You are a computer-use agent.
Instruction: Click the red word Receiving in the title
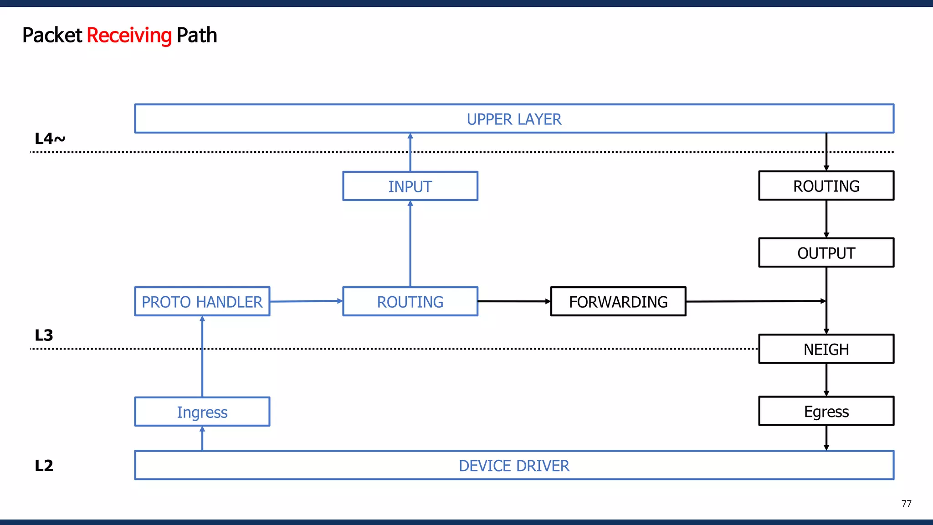129,36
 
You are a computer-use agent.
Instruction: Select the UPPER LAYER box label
514,119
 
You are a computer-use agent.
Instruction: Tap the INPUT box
410,186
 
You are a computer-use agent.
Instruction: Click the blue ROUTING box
410,302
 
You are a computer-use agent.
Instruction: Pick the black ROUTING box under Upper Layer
826,186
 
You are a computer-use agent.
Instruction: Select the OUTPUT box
826,253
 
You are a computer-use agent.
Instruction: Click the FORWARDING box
618,302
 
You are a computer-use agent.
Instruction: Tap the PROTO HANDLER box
202,302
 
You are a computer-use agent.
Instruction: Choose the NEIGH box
826,350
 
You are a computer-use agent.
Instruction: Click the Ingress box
202,412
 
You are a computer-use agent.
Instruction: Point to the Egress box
826,412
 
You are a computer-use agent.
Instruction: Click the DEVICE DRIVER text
514,466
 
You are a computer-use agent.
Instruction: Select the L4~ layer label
50,139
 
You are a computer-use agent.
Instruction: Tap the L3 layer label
44,335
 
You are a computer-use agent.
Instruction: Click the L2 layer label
44,466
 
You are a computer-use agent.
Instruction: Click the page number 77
906,504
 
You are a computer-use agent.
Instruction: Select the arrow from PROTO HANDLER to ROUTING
306,301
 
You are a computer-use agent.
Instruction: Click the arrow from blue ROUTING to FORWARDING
514,301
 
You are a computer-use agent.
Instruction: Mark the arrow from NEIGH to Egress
826,380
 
